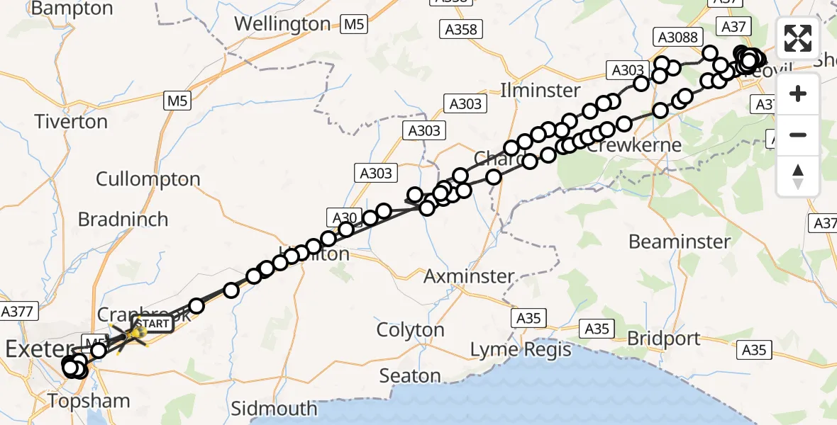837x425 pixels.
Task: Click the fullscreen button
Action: point(798,38)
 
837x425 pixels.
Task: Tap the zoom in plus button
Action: point(798,93)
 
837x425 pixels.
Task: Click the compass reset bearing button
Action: point(798,177)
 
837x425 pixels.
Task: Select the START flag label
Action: point(152,324)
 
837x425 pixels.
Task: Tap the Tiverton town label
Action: point(71,122)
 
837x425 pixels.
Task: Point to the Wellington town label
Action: point(282,23)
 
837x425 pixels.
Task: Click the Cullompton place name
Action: point(148,179)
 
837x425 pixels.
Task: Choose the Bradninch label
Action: point(123,220)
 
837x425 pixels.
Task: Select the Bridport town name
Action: point(663,339)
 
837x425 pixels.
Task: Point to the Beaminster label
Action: point(679,242)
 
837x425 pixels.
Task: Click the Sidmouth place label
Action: point(275,409)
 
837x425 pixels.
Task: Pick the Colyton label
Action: point(411,330)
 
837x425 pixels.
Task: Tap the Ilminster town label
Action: point(541,91)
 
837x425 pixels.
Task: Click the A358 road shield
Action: point(462,30)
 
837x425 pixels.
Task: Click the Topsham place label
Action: point(89,401)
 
